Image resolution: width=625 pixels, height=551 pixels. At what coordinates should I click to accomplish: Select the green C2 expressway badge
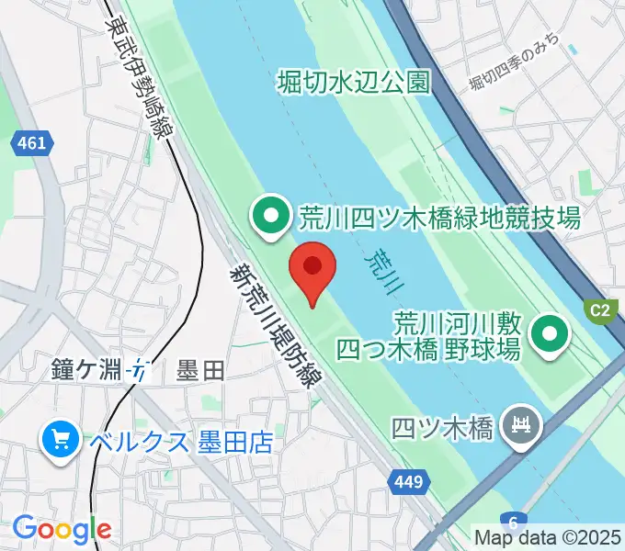[599, 309]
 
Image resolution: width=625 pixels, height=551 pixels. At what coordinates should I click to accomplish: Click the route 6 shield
[512, 520]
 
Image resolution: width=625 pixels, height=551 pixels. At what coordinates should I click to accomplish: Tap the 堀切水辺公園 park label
[354, 84]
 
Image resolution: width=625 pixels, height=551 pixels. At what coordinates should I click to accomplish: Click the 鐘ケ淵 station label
[87, 372]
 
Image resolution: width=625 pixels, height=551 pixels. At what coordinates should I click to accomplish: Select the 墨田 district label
[199, 372]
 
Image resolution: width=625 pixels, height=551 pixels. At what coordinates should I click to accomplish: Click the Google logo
[62, 528]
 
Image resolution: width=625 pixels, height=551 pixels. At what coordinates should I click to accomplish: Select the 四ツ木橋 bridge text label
[444, 427]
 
